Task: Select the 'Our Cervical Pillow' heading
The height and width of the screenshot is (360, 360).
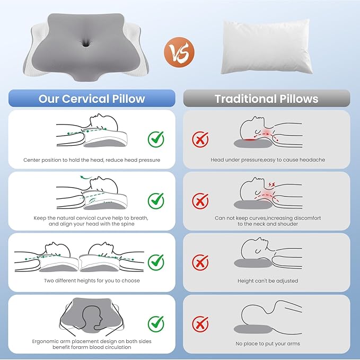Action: [92, 99]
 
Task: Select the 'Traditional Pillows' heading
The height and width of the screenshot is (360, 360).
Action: [266, 99]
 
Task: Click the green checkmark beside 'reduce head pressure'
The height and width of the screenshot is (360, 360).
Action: [155, 139]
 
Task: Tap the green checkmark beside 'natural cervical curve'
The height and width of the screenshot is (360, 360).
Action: [155, 200]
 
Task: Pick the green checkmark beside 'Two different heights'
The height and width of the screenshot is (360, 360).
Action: [155, 261]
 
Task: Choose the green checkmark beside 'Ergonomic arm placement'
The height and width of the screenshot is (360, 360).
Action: [155, 322]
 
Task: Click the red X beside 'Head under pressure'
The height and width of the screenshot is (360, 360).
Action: [200, 139]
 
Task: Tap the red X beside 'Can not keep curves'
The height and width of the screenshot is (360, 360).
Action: [200, 200]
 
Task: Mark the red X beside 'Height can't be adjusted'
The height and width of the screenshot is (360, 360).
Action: [200, 261]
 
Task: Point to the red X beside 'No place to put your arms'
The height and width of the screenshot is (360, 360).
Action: [200, 323]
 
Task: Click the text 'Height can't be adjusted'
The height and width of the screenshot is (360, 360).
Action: [267, 281]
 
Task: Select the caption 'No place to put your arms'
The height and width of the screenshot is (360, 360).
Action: [267, 344]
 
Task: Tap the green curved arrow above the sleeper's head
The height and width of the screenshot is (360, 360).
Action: [84, 178]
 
